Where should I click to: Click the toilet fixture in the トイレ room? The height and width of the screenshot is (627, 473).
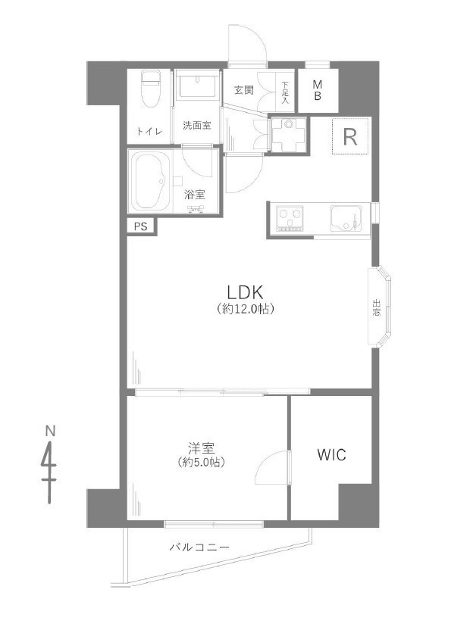pyautogui.click(x=151, y=89)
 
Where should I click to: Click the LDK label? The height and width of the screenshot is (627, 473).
pyautogui.click(x=245, y=292)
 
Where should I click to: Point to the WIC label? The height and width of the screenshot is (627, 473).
pyautogui.click(x=331, y=454)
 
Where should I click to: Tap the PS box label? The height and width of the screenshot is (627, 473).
pyautogui.click(x=140, y=226)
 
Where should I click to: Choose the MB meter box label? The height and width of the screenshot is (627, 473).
pyautogui.click(x=318, y=90)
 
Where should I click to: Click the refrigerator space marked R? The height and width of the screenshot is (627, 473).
pyautogui.click(x=350, y=137)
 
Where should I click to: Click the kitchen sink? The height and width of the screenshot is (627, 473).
pyautogui.click(x=346, y=219)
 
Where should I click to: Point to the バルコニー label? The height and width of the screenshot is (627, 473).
pyautogui.click(x=199, y=547)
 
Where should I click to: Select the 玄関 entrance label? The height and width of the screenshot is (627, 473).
pyautogui.click(x=244, y=90)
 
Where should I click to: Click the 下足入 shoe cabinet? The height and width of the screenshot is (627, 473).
pyautogui.click(x=285, y=91)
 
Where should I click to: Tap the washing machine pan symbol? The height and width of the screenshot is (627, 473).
pyautogui.click(x=289, y=134)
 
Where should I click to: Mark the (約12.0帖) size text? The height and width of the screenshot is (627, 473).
pyautogui.click(x=245, y=309)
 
